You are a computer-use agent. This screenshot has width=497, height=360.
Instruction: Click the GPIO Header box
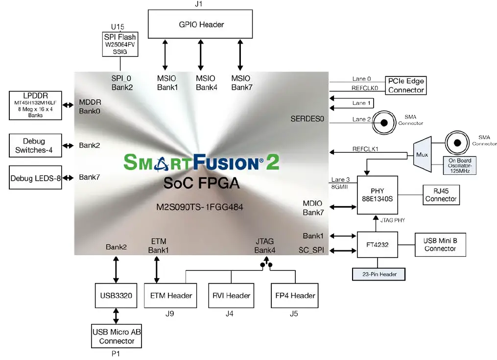click(201, 24)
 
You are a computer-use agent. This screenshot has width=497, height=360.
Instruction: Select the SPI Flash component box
click(120, 44)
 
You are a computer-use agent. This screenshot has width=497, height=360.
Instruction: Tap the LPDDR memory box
click(35, 105)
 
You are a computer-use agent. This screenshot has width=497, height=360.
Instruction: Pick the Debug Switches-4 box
click(35, 145)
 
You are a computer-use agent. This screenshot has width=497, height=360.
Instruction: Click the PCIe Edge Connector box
click(406, 85)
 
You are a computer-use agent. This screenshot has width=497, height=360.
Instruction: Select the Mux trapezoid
click(422, 154)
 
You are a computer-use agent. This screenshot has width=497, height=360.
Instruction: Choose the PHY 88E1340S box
click(377, 195)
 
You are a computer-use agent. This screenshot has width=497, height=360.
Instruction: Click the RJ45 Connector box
click(441, 195)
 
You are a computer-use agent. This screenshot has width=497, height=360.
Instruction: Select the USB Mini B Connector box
click(440, 244)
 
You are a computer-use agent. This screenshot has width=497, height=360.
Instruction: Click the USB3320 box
click(116, 295)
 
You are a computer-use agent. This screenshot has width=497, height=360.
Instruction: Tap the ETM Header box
click(170, 295)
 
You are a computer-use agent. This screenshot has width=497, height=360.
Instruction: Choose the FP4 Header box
click(293, 295)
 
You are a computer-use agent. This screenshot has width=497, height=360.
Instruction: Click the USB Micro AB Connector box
click(117, 336)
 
